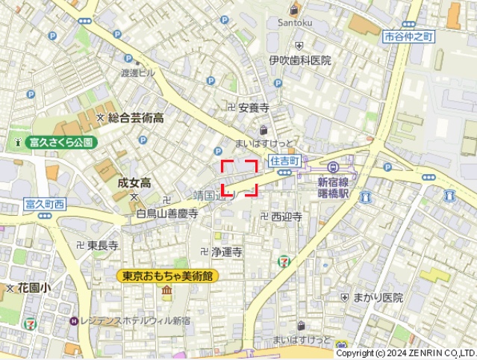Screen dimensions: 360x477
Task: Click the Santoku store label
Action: pos(295,23)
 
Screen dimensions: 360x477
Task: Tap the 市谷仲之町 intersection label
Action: pos(408,37)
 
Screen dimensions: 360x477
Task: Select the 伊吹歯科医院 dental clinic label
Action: pos(300,60)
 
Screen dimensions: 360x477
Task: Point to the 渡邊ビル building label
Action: pos(138,73)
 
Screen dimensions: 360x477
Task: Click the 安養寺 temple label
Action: pos(253,108)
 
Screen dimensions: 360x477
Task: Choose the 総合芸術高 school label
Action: pos(136,117)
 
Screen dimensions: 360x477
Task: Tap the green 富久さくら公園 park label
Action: pos(60,142)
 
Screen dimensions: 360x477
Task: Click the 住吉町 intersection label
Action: pos(284,161)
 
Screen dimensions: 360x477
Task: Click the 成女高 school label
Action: pos(134,182)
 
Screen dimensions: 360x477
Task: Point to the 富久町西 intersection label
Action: pos(45,204)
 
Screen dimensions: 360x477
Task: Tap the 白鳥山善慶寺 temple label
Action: pos(167,214)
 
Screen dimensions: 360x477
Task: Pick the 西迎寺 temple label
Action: pos(286,217)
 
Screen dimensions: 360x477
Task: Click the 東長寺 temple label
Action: pos(102,245)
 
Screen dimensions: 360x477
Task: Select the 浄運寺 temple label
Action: pos(227,252)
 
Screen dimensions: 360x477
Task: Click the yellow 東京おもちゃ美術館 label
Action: pos(167,276)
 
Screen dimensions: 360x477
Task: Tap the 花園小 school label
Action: pos(34,287)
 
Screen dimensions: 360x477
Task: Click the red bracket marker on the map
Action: pos(240,178)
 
